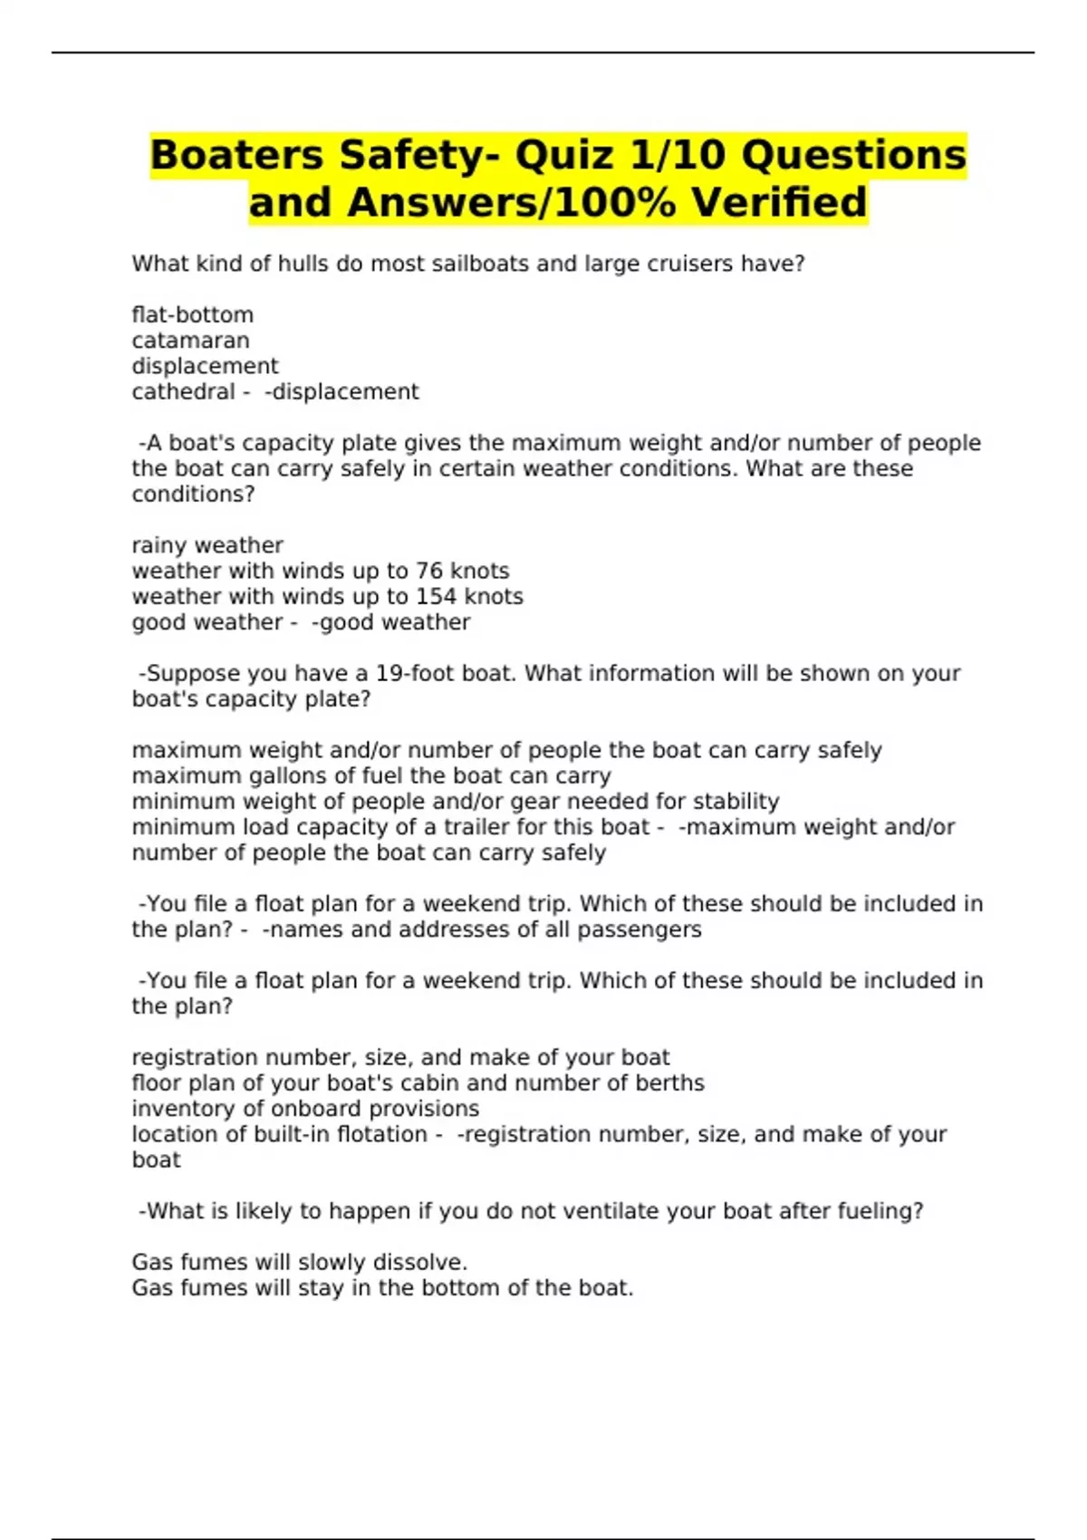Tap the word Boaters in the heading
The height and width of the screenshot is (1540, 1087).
click(x=236, y=155)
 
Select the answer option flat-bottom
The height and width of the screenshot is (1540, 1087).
click(x=192, y=315)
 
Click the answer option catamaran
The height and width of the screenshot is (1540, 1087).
click(x=190, y=341)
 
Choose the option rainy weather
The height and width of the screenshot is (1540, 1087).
click(x=207, y=545)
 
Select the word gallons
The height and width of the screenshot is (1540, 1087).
click(x=284, y=776)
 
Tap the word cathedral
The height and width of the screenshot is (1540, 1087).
click(x=183, y=392)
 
